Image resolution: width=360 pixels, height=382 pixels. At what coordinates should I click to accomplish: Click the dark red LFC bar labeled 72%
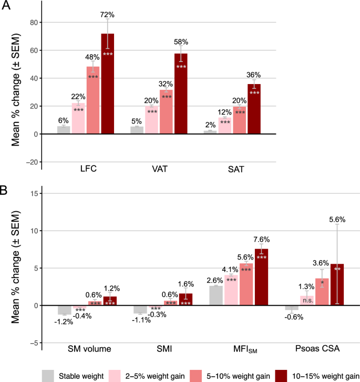pyautogui.click(x=107, y=84)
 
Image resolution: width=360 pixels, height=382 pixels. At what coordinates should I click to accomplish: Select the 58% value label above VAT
pyautogui.click(x=181, y=42)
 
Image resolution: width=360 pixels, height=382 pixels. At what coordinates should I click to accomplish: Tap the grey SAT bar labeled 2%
pyautogui.click(x=210, y=132)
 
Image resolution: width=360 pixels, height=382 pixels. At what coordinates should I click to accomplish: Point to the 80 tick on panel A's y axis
pyautogui.click(x=35, y=23)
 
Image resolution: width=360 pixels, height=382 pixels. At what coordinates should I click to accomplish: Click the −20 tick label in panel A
pyautogui.click(x=32, y=162)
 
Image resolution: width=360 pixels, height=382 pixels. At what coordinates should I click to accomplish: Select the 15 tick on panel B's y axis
pyautogui.click(x=35, y=193)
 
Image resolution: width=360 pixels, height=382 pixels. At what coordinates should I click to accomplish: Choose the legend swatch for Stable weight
pyautogui.click(x=49, y=375)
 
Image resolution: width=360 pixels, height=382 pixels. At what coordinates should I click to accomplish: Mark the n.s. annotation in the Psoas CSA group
pyautogui.click(x=307, y=300)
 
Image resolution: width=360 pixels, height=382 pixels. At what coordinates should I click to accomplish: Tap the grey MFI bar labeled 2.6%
pyautogui.click(x=216, y=295)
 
